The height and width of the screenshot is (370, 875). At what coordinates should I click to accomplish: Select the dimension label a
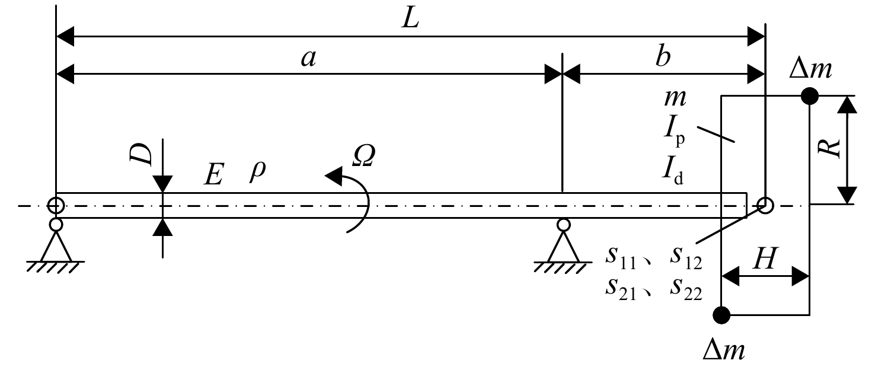click(x=308, y=59)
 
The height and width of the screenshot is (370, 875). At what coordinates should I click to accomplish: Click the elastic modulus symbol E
click(x=213, y=174)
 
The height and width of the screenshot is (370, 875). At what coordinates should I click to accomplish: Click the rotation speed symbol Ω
click(x=363, y=155)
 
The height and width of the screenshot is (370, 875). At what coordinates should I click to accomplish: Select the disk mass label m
click(x=675, y=98)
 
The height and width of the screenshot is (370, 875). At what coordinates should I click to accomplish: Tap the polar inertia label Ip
click(x=674, y=133)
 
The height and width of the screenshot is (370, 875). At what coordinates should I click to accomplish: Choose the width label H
click(x=765, y=259)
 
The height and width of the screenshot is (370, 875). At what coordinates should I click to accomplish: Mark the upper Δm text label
click(x=810, y=69)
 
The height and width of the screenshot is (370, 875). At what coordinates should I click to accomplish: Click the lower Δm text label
click(x=723, y=350)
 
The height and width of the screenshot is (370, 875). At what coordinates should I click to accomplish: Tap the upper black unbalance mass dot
click(x=810, y=96)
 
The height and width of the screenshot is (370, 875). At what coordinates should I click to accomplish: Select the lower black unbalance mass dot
click(x=721, y=315)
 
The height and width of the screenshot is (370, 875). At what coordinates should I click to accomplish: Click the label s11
click(x=621, y=258)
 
